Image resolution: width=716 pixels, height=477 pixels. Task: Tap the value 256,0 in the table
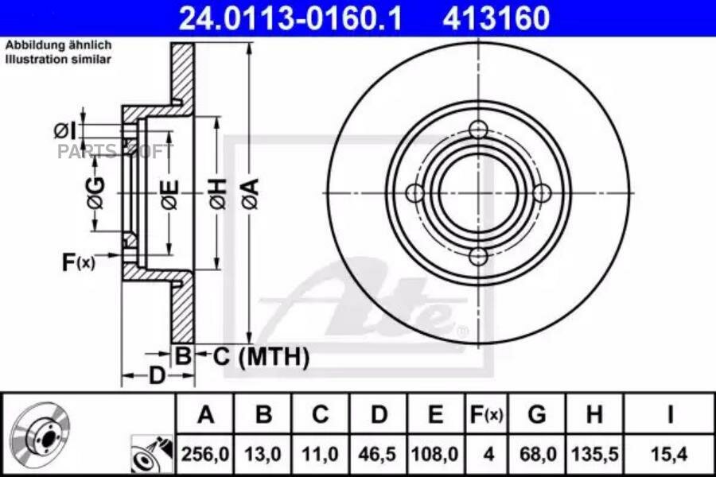click(x=205, y=455)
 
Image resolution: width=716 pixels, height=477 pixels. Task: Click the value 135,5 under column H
click(x=593, y=455)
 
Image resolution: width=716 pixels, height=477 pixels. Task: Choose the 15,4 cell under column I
click(x=670, y=455)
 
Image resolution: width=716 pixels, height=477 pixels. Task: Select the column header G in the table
click(x=537, y=415)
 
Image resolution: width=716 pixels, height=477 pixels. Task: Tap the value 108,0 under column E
click(x=435, y=455)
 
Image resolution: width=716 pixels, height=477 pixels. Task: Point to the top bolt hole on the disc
click(x=478, y=130)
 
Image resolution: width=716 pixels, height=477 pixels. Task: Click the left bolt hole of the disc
click(x=414, y=193)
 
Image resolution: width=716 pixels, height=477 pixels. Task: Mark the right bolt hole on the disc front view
click(x=542, y=193)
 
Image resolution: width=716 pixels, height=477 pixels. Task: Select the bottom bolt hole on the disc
click(x=478, y=256)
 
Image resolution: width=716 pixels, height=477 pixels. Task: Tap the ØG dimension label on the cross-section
click(x=95, y=193)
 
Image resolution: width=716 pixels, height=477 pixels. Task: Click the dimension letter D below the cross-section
click(x=158, y=374)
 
